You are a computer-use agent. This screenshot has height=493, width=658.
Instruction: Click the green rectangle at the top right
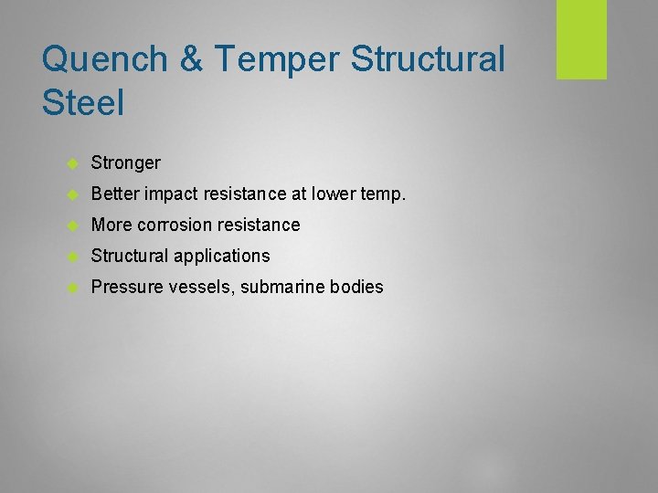click(x=582, y=39)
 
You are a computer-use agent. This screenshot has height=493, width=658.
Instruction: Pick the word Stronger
click(x=126, y=163)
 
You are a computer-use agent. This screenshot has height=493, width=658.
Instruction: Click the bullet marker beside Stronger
click(x=73, y=163)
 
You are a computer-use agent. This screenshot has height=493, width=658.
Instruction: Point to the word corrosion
click(x=178, y=225)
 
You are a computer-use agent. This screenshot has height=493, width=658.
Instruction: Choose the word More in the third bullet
click(x=111, y=225)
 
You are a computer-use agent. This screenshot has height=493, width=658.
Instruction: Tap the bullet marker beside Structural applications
click(x=73, y=257)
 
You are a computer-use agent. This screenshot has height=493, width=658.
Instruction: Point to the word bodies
click(x=356, y=288)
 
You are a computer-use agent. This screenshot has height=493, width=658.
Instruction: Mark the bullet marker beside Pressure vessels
click(x=73, y=288)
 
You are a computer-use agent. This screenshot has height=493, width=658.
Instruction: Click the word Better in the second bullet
click(x=112, y=194)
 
